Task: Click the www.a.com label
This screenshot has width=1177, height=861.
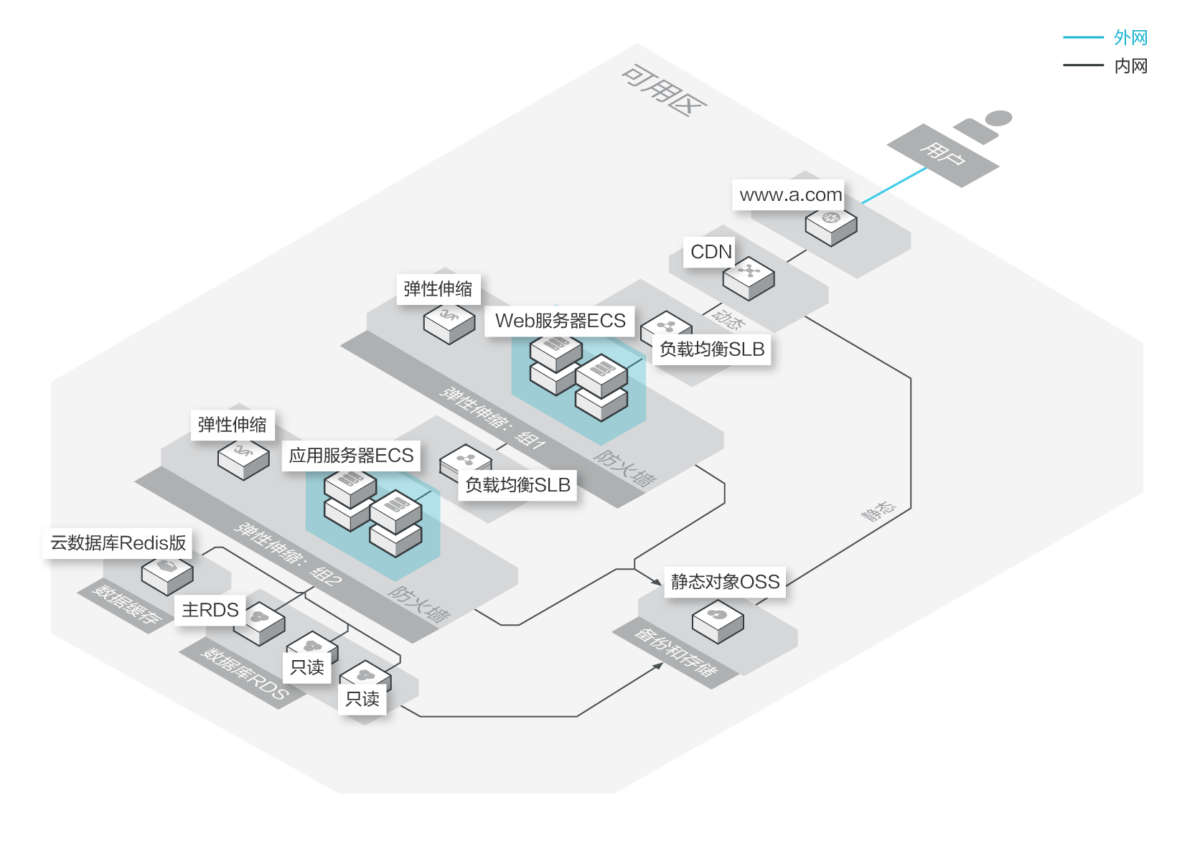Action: coord(790,195)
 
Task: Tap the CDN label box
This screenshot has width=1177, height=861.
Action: coord(711,252)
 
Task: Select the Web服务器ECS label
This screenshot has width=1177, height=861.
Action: coord(560,321)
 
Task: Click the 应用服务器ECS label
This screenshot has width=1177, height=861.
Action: coord(351,456)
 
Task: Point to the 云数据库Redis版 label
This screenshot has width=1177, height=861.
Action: coord(118,543)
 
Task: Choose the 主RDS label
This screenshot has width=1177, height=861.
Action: coord(210,610)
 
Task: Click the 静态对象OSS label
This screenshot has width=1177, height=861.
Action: coord(725,582)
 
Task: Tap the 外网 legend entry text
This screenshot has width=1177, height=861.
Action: coord(1130,37)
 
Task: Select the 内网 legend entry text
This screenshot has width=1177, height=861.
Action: coord(1130,66)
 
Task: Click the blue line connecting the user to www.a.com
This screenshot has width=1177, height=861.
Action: coord(894,186)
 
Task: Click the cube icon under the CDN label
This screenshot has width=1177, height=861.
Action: coord(749,278)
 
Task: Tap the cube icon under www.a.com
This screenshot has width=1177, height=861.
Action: coord(831,225)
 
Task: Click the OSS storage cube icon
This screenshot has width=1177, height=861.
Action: coord(718,621)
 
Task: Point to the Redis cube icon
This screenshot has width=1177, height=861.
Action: coord(167,573)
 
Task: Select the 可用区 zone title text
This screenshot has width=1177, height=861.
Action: coord(664,90)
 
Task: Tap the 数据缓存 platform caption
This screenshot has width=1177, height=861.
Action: coord(126,605)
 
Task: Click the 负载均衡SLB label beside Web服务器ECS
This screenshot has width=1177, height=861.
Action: coord(712,349)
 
